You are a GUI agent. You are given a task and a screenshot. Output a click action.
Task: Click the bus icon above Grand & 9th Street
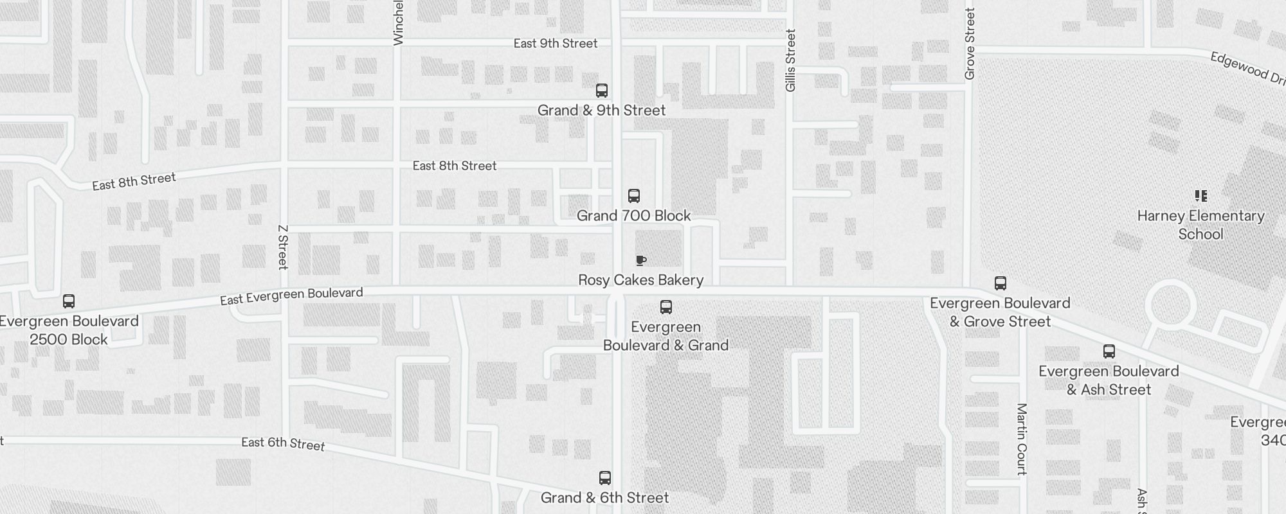[602, 91]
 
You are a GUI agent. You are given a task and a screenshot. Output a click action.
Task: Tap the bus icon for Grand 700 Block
[634, 196]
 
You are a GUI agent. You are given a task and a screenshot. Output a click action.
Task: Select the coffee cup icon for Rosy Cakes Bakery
[641, 260]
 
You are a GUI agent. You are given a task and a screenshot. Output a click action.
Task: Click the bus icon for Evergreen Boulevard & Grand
[666, 307]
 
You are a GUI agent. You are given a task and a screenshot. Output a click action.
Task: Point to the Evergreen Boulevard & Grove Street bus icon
[1001, 283]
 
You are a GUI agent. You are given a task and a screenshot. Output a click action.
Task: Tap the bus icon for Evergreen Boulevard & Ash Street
[1109, 351]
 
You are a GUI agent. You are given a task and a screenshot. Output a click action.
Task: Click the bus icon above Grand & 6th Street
[605, 478]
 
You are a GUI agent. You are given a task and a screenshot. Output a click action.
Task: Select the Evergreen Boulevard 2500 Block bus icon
[69, 301]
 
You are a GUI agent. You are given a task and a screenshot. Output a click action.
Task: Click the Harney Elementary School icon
[1200, 196]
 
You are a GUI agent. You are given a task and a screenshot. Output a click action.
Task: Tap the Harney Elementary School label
[1200, 225]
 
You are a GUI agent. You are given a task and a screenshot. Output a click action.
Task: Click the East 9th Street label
[556, 44]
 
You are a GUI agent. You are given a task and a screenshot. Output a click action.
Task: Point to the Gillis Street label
[791, 60]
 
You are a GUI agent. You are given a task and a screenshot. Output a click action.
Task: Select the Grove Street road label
[970, 44]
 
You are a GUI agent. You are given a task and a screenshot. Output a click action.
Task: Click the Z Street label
[283, 247]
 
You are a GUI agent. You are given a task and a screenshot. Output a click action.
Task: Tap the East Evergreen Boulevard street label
[291, 296]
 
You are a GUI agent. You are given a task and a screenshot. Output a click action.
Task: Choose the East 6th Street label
[283, 443]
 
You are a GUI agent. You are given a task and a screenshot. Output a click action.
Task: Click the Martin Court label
[1022, 439]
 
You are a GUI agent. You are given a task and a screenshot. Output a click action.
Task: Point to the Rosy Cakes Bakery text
[641, 280]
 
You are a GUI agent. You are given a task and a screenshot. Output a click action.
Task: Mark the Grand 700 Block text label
[634, 216]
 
